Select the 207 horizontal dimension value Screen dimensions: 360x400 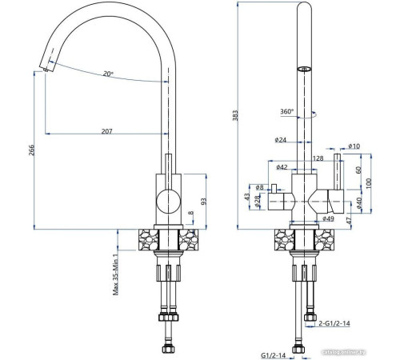(x=106, y=131)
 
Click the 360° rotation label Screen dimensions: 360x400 (x=286, y=112)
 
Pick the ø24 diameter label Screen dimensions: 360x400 (x=280, y=141)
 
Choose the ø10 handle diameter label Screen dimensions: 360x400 (x=355, y=146)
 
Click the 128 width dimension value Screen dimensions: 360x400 (x=318, y=158)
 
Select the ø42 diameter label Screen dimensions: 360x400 (x=282, y=167)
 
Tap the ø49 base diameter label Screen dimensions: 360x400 (x=327, y=218)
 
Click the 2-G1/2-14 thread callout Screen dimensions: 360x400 (x=335, y=324)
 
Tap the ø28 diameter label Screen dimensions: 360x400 (x=259, y=199)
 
